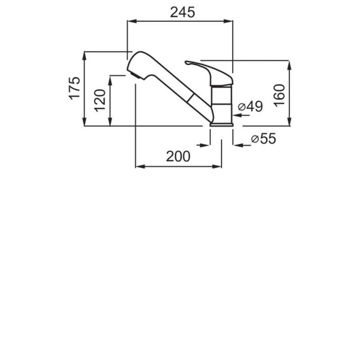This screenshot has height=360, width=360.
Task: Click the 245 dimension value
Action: (x=183, y=12)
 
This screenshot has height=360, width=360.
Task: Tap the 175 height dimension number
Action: (x=75, y=88)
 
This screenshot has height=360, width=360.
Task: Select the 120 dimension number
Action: (x=100, y=100)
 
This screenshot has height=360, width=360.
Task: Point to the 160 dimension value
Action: (x=279, y=95)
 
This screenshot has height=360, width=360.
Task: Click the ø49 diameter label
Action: (x=251, y=106)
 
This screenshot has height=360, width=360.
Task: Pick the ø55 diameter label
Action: (x=264, y=139)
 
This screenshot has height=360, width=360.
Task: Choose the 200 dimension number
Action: (x=178, y=156)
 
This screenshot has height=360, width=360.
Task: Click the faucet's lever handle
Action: (x=209, y=73)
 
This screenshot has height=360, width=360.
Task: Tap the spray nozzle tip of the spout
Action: (x=135, y=75)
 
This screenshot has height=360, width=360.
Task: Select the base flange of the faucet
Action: (x=221, y=125)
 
